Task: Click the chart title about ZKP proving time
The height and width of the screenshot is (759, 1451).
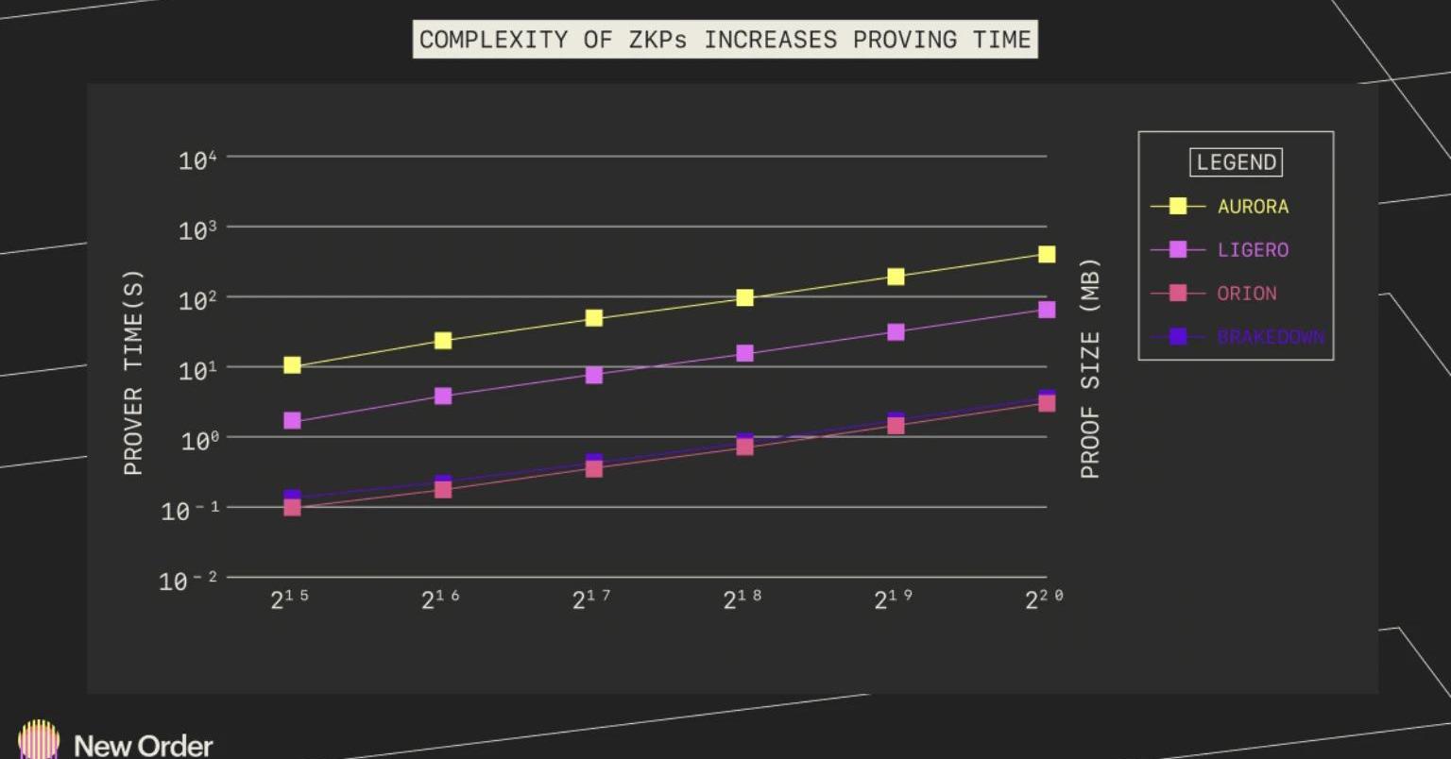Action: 725,40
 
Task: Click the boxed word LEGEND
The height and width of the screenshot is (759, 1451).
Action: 1236,162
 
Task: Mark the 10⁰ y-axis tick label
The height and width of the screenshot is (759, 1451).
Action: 197,440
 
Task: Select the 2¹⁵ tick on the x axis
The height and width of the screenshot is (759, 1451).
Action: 289,599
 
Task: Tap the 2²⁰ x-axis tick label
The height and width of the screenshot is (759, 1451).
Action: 1044,599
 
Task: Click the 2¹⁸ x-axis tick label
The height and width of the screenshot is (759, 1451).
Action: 742,599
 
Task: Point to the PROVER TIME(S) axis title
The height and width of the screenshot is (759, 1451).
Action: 133,373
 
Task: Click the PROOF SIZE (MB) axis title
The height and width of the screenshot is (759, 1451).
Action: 1090,368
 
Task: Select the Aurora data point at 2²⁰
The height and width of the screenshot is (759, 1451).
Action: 1047,254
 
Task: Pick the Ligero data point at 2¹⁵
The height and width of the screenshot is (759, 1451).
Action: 292,420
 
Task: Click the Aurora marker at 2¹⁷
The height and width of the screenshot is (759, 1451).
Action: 594,318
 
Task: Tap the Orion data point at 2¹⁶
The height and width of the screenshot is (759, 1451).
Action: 443,489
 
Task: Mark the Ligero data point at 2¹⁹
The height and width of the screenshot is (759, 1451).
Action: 896,332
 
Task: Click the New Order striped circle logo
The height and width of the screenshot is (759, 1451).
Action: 38,739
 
